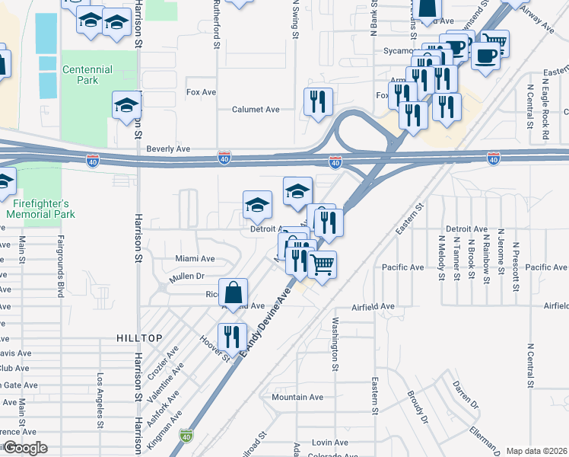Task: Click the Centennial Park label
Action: (x=87, y=75)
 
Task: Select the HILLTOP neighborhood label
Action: (x=140, y=337)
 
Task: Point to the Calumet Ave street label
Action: (x=256, y=109)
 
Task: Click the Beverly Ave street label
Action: (x=168, y=149)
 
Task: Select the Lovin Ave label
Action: (x=329, y=442)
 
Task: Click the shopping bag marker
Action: (x=235, y=292)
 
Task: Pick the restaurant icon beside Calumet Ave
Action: (x=316, y=101)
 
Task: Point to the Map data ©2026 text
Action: (x=537, y=451)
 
